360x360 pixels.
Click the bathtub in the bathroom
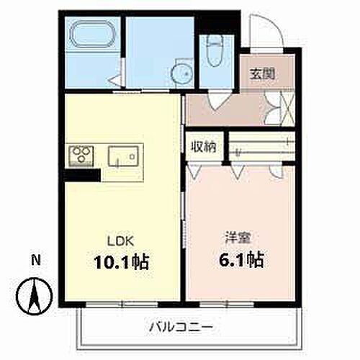point(91,34)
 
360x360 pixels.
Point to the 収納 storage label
point(203,147)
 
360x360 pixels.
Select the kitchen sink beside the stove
point(123,156)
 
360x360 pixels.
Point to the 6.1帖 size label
point(236,258)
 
